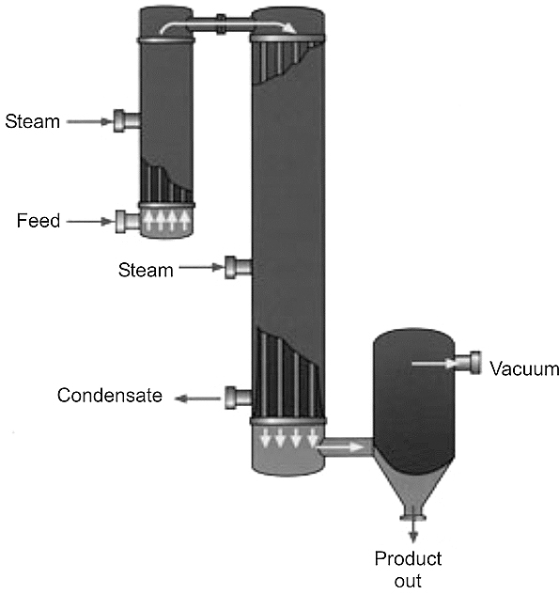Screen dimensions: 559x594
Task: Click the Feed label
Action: pos(39,221)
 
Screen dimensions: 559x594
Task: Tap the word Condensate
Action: pos(110,395)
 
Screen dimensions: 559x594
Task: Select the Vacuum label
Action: pos(524,368)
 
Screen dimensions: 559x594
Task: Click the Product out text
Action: pos(408,570)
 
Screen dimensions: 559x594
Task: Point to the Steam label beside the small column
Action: pos(33,121)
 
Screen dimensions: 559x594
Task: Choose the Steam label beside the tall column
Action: pos(146,270)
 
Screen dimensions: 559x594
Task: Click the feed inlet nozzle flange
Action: pos(120,221)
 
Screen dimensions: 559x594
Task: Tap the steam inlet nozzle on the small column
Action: pos(127,121)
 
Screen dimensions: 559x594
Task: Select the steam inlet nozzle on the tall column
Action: pos(239,268)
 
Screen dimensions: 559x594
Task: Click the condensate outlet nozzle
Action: pos(239,398)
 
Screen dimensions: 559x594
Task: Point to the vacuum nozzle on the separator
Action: pos(468,363)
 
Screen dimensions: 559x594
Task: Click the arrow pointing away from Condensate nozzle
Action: pos(197,399)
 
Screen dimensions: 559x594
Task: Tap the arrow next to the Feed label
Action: pos(91,221)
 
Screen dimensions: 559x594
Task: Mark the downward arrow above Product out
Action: pos(413,531)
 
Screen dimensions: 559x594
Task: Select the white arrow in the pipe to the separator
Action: pos(340,447)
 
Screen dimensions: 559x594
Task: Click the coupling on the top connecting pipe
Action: pos(221,24)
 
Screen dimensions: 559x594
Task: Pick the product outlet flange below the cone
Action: pos(413,517)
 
